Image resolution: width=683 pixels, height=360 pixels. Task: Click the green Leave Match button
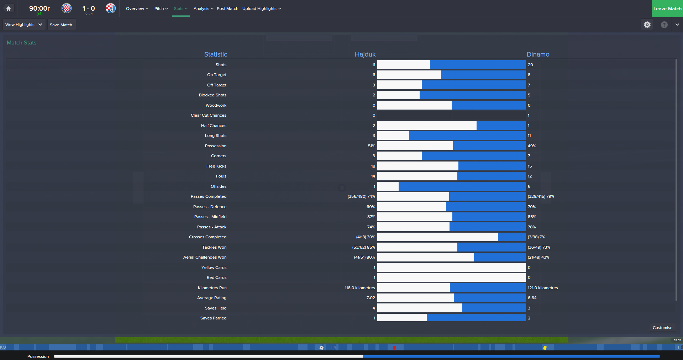[667, 9]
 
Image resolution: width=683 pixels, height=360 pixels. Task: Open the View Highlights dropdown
[24, 25]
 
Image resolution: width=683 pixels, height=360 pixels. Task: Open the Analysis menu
[203, 9]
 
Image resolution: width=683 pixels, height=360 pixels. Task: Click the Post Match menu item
[227, 9]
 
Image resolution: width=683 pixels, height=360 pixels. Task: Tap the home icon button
[9, 9]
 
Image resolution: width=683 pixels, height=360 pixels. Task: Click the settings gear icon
[647, 25]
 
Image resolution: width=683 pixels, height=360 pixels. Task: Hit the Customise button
[662, 328]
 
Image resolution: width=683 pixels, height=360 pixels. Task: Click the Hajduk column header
[365, 54]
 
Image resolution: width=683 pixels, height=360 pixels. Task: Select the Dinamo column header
[538, 54]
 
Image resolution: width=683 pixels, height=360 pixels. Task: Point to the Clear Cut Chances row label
[209, 115]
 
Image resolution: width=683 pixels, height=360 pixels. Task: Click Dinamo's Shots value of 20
[530, 65]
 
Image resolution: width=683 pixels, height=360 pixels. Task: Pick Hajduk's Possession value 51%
[372, 146]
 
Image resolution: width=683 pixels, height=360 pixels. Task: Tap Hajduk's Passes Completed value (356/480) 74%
[361, 196]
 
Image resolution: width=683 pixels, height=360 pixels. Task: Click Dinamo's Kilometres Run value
[543, 288]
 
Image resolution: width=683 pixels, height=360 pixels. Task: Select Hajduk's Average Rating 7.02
[371, 298]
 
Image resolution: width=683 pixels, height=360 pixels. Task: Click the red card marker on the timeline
[394, 348]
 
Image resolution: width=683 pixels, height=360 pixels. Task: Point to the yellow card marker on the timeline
[545, 348]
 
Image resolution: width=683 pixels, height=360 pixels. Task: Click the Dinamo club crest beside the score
[111, 8]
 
